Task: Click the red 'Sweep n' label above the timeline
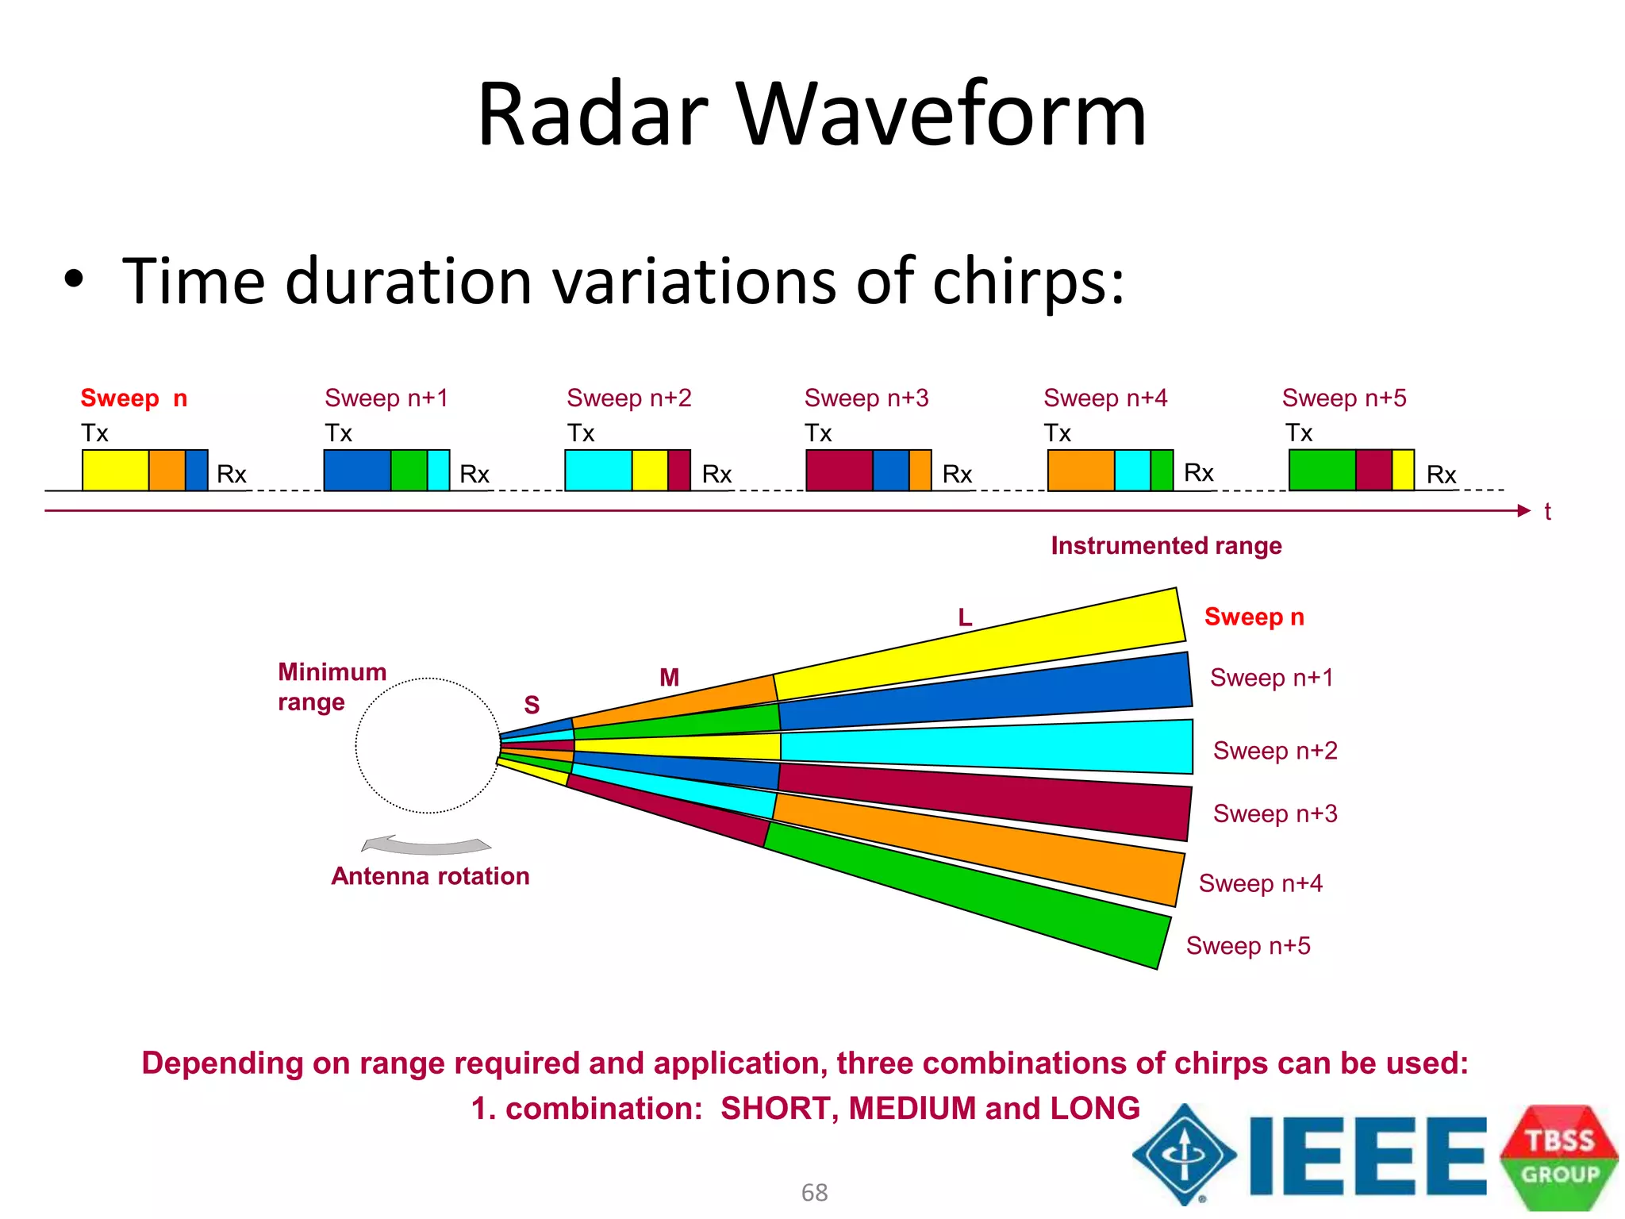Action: point(133,398)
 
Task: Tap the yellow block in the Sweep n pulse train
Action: point(115,471)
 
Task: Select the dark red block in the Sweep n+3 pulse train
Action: point(839,471)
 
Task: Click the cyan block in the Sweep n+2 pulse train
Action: point(597,471)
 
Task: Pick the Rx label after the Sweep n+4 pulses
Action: point(1198,473)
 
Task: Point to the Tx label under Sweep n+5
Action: point(1299,433)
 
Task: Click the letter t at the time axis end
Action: point(1547,513)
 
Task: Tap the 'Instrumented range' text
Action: point(1166,546)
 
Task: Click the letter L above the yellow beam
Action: point(965,617)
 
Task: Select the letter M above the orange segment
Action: point(669,678)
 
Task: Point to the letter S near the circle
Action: point(532,705)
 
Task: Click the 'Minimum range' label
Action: point(331,686)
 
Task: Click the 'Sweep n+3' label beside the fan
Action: point(1274,813)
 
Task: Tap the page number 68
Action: point(814,1192)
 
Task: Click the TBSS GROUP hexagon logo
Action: point(1558,1157)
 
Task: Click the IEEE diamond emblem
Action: point(1184,1155)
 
